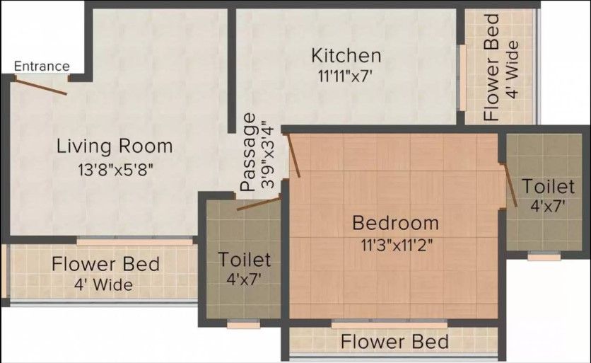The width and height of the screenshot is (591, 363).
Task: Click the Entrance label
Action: pos(42,66)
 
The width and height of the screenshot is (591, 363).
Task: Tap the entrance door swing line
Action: pos(41,87)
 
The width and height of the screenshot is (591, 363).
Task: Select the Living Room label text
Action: pos(115,146)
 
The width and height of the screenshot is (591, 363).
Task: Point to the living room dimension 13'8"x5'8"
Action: pos(116,170)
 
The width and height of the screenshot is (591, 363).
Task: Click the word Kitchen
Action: pos(346,55)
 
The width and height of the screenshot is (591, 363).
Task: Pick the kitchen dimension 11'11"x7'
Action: pos(345,76)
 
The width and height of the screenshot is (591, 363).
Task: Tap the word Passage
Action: pos(248,152)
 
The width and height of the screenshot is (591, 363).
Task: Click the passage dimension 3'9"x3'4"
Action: pos(269,155)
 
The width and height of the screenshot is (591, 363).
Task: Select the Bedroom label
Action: pos(395,223)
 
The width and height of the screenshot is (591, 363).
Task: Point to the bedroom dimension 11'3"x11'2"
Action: pos(397,246)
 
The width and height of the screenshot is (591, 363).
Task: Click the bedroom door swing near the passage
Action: pos(293,155)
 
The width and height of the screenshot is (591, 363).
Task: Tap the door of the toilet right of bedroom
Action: pos(510,185)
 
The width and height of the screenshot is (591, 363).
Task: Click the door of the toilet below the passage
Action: pos(259,204)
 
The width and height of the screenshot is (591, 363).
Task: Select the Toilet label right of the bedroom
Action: pos(549,186)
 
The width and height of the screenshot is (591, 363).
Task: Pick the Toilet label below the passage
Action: pos(244,260)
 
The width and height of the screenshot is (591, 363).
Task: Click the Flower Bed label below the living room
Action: pos(105,264)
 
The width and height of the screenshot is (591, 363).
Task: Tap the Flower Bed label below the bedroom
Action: pos(394,342)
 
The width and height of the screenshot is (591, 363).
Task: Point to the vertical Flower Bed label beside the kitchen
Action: pos(492,67)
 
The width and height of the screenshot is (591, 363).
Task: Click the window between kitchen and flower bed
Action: pos(462,78)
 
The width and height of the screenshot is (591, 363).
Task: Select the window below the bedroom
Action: pos(390,324)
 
